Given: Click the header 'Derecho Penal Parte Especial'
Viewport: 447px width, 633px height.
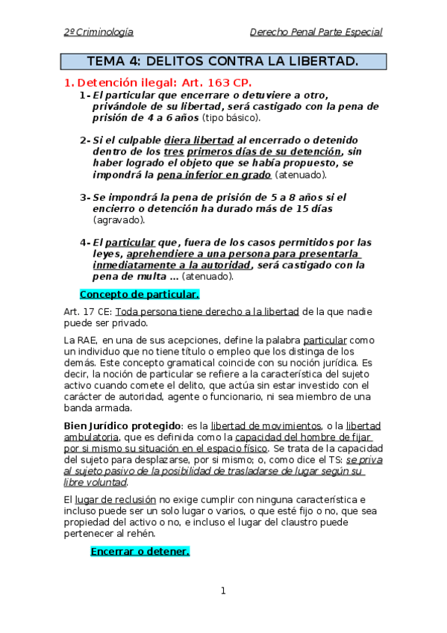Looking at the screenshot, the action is coord(316,32).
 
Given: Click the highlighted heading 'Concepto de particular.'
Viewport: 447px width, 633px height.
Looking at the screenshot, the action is coord(140,294).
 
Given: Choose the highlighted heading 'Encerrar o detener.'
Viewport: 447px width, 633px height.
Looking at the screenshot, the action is coord(140,552).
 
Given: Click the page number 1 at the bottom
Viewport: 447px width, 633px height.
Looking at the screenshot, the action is coord(222,591).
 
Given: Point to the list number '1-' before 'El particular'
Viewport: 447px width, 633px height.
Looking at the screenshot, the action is coord(84,96).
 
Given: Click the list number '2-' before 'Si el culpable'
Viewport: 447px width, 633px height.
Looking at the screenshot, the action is coord(84,140).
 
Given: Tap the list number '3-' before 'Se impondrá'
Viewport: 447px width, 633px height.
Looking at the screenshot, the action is coord(84,197).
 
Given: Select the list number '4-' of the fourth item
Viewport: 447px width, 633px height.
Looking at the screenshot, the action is coord(84,242).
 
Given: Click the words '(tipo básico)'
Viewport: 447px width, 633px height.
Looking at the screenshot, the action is coord(231,118).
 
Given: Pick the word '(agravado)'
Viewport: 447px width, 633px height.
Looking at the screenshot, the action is coord(119,219).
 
